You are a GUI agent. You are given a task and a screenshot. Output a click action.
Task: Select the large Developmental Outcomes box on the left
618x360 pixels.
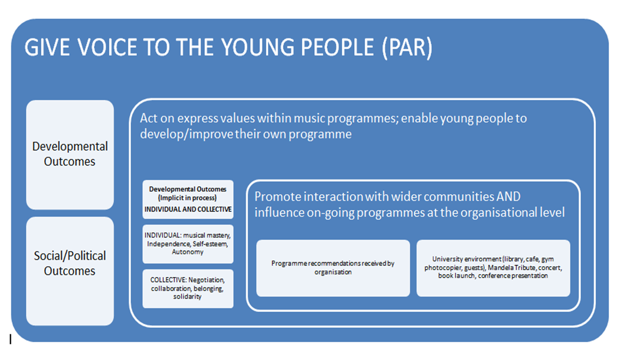(70, 154)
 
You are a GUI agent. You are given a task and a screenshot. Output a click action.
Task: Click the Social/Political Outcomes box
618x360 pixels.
(70, 271)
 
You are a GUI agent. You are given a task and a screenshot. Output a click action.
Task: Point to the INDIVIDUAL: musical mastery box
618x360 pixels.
(188, 244)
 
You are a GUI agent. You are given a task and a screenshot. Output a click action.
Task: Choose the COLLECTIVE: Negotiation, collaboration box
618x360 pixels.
(188, 289)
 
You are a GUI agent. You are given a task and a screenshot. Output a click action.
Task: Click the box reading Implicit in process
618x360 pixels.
(188, 199)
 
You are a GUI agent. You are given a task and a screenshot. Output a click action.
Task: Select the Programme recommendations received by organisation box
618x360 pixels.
(333, 268)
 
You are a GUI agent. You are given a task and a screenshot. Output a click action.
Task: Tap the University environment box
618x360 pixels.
(493, 268)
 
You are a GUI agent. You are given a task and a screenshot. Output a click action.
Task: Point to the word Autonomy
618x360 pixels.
(187, 252)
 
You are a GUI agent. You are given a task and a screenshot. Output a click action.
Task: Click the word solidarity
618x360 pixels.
(187, 297)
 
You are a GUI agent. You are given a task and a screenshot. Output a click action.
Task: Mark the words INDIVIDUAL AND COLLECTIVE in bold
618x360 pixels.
(188, 209)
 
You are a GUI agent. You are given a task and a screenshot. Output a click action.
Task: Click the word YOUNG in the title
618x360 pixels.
(258, 47)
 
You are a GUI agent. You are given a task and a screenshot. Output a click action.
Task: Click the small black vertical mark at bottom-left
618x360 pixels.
(10, 339)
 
